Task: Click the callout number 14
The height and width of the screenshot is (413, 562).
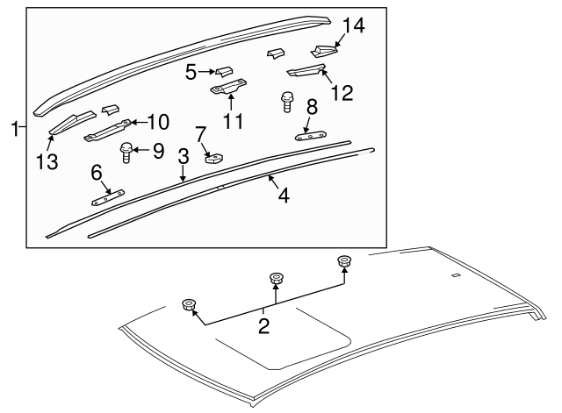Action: pos(353,25)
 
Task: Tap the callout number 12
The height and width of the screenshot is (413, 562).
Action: pos(342,93)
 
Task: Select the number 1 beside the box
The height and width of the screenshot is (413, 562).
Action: pos(15,129)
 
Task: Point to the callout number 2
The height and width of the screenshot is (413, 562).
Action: pos(263,326)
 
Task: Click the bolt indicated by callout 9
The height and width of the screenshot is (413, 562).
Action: pos(126,152)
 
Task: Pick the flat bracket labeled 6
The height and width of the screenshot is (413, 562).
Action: pos(108,197)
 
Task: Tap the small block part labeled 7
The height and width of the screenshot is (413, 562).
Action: pos(214,158)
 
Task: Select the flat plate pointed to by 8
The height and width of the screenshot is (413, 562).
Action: pos(310,136)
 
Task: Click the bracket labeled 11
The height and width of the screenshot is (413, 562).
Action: pos(228,88)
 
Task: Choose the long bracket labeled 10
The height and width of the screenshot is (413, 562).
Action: pos(107,131)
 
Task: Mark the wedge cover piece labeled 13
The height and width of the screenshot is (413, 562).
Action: pos(72,122)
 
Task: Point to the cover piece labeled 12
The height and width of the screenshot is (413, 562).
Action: pos(306,70)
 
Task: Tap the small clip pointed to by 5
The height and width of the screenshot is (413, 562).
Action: pos(224,72)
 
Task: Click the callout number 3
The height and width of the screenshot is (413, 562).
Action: pos(184,157)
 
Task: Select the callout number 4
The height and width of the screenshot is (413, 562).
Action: pos(284,196)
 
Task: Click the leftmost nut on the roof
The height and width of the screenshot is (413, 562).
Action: pos(189,305)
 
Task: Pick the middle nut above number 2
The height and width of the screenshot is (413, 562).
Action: pos(276,279)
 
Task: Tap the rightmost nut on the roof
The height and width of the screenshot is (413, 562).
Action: pos(344,261)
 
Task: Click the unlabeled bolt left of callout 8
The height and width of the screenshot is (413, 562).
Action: pos(286,102)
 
